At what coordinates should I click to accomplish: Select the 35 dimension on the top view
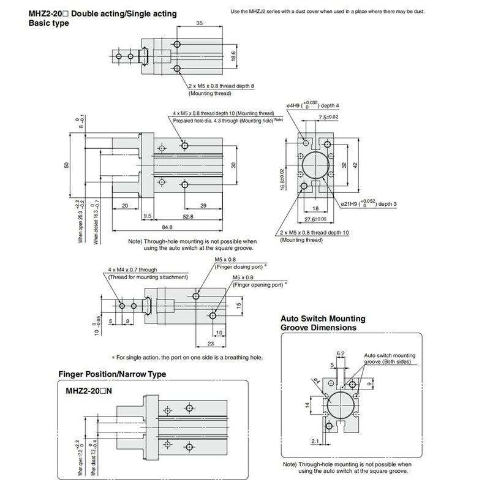click(199, 23)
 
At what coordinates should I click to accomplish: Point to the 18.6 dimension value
click(233, 55)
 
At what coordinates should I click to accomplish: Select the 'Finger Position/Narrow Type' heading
click(112, 374)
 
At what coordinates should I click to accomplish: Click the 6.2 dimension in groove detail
click(342, 353)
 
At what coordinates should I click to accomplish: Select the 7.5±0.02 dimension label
click(329, 117)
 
